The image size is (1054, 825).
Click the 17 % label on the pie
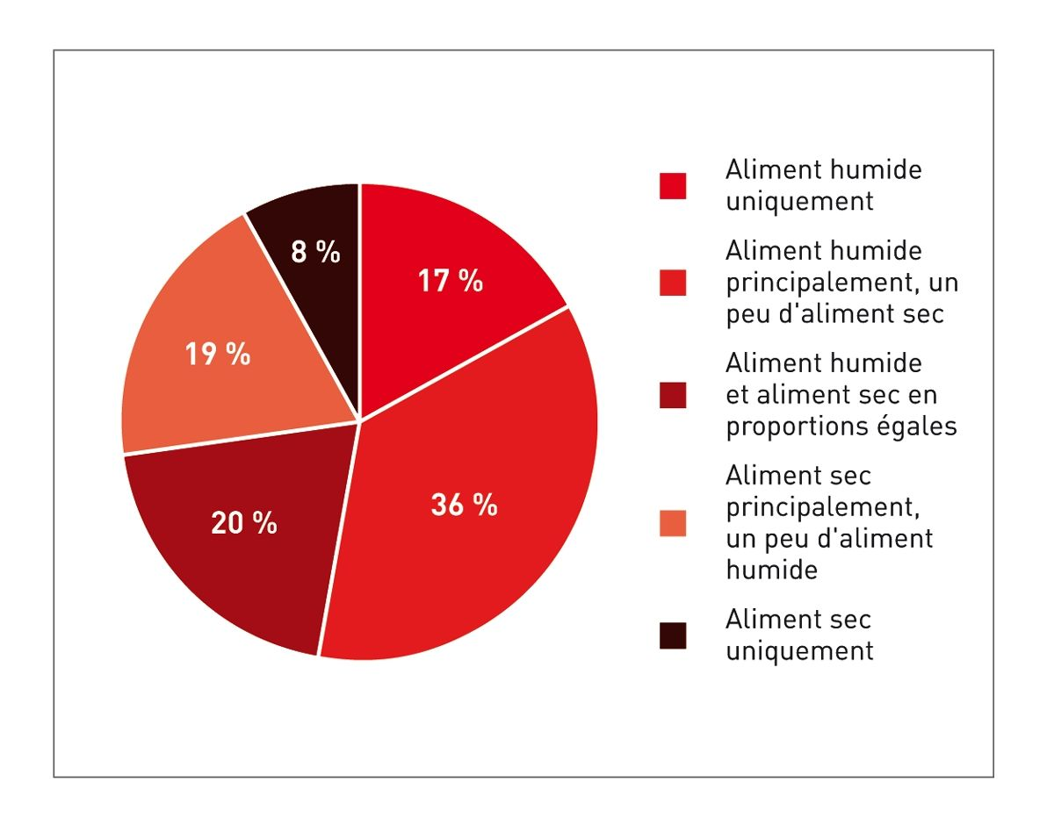point(450,282)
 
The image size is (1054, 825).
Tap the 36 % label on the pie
point(464,506)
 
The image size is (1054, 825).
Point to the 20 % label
point(243,523)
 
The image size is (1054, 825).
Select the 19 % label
point(217,355)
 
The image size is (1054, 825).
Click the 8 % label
point(314,253)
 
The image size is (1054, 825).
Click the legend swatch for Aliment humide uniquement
point(673,186)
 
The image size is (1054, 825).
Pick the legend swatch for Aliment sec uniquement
point(673,635)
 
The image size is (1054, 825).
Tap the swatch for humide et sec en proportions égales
point(673,395)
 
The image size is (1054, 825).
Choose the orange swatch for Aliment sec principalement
point(673,523)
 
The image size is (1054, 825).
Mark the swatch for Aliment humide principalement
point(673,283)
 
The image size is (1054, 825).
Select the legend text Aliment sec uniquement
point(799,635)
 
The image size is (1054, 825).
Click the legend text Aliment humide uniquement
point(823,185)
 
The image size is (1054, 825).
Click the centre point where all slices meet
point(359,421)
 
